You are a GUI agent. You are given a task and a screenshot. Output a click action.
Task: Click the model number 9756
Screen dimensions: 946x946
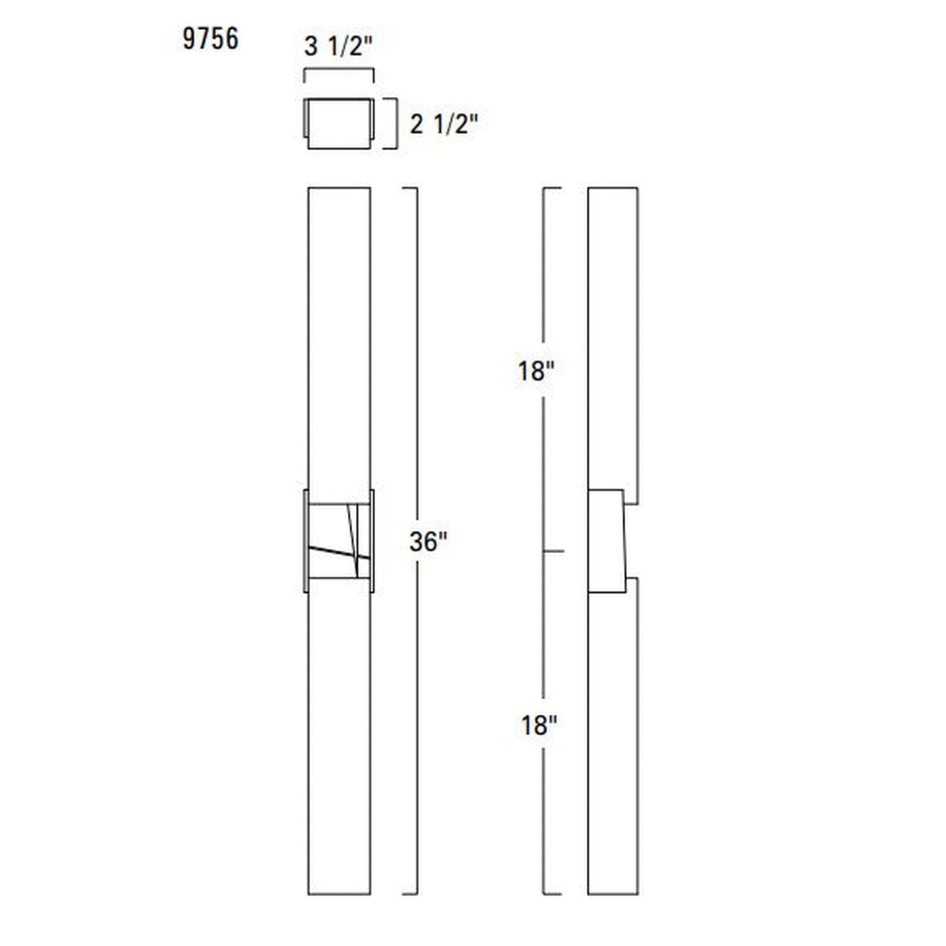tap(210, 39)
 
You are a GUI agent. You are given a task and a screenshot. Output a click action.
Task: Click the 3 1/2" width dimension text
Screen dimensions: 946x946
tap(338, 47)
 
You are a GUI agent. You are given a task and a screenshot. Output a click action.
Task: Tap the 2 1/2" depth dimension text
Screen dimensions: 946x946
tap(444, 124)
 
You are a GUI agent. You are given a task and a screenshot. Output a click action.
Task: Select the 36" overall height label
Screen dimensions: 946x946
tap(428, 541)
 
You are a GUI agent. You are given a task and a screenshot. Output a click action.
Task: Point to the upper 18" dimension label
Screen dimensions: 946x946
tap(536, 371)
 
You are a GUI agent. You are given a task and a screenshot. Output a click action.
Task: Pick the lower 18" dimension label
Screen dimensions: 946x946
tap(539, 725)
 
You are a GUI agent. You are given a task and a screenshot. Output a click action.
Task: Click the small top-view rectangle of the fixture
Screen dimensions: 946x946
tap(338, 124)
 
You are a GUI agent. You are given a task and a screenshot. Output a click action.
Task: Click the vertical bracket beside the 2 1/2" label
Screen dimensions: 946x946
tap(395, 124)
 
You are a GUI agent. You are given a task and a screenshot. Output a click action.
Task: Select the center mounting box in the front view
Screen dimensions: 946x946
tap(338, 541)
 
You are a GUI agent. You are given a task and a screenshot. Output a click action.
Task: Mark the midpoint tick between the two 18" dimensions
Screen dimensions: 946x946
tap(553, 552)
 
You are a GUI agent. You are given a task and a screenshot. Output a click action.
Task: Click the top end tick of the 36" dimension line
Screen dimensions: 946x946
tap(410, 189)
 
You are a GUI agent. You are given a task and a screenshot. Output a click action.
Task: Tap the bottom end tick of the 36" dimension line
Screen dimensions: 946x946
tap(410, 894)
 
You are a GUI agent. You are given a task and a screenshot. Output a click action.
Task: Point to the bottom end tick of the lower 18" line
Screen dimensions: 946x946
tap(552, 894)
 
